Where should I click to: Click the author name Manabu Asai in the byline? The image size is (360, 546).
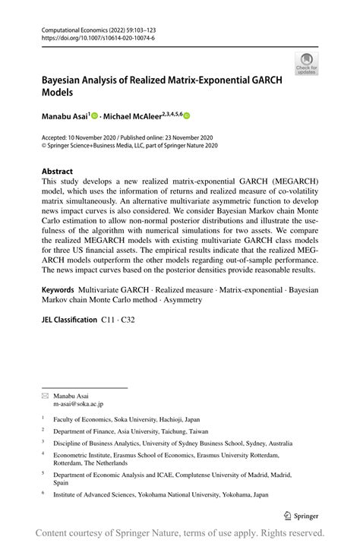point(65,116)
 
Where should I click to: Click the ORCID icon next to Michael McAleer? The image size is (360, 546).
point(186,117)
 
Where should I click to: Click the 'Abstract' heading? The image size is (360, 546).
point(57,172)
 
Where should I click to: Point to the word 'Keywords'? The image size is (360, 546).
point(58,290)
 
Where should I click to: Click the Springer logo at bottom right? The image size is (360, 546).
point(304,516)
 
